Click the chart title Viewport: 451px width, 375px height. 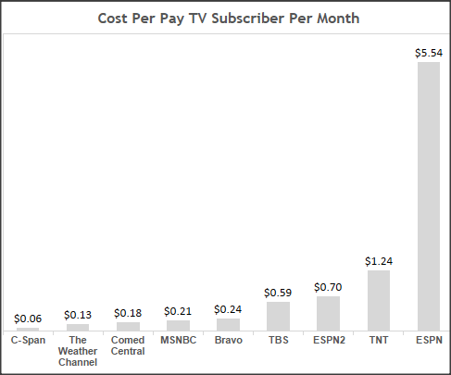click(x=229, y=19)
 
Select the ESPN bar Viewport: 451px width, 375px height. click(x=429, y=195)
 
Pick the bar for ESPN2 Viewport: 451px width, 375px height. click(x=328, y=313)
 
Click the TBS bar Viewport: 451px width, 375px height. click(x=278, y=316)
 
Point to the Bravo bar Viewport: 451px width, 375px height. click(x=228, y=324)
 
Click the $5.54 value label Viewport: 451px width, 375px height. click(x=429, y=54)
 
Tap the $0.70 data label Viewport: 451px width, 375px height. click(x=328, y=288)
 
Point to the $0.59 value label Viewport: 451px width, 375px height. click(x=278, y=294)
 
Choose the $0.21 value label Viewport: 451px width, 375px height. click(x=178, y=312)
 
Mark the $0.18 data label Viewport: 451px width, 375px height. click(x=128, y=314)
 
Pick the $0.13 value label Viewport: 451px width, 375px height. click(x=78, y=316)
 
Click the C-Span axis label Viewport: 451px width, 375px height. click(x=28, y=340)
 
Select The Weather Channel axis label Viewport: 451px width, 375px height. click(x=78, y=351)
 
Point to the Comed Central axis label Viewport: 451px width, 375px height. click(x=128, y=345)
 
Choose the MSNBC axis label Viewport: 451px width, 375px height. click(x=178, y=340)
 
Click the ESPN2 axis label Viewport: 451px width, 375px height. click(x=328, y=340)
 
